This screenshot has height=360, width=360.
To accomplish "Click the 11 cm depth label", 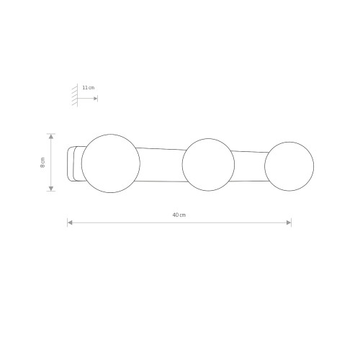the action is click(x=89, y=88).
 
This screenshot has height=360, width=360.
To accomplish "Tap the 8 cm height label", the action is click(x=42, y=163).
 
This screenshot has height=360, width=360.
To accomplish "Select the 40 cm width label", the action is click(x=179, y=215).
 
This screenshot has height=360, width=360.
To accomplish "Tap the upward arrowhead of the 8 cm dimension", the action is click(x=51, y=136).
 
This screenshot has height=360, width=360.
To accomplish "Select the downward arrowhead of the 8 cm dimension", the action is click(x=51, y=189).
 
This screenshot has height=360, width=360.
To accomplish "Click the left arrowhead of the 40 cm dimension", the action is click(x=70, y=222).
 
